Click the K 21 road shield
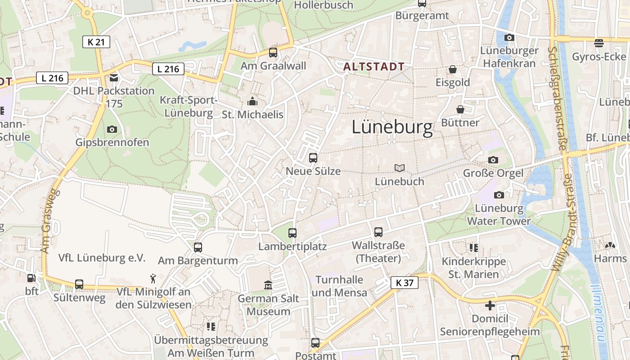click(96, 42)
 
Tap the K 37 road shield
click(404, 283)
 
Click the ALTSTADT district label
click(373, 67)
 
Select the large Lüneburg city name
click(392, 127)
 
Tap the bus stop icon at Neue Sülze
click(313, 158)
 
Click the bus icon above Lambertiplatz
click(292, 233)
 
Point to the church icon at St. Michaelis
click(253, 102)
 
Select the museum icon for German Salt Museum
click(268, 285)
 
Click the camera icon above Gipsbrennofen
click(112, 130)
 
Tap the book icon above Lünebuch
click(399, 168)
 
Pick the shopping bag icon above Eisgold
click(452, 69)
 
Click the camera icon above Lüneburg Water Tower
click(499, 195)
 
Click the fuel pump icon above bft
click(31, 279)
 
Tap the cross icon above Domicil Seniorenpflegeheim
click(490, 306)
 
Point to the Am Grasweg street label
click(50, 220)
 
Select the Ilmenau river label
click(599, 315)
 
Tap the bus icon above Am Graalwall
click(273, 53)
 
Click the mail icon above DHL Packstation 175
click(113, 78)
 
